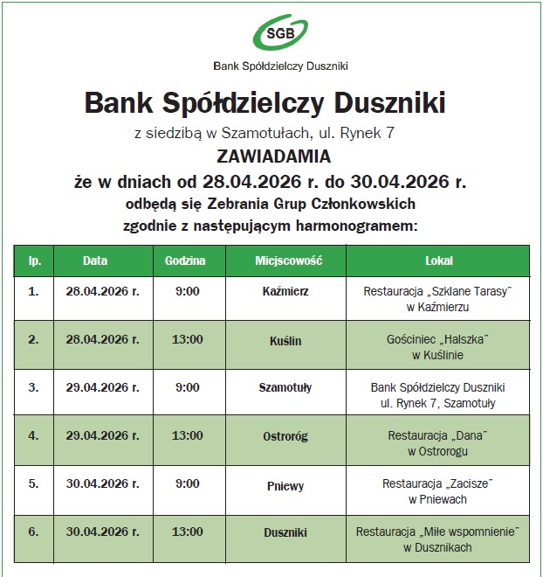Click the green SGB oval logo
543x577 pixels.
[280, 33]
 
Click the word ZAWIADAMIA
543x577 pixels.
[274, 157]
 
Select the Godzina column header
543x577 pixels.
[185, 261]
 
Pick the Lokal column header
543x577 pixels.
[438, 261]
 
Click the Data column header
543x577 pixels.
[95, 261]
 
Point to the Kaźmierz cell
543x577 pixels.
[285, 291]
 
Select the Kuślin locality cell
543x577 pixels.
[285, 340]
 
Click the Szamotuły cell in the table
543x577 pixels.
[285, 387]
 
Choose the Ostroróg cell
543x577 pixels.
[285, 436]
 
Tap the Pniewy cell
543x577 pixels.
[285, 485]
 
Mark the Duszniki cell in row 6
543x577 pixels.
[285, 532]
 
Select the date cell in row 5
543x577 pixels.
[102, 484]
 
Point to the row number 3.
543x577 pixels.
[33, 387]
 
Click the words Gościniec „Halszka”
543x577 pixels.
[437, 339]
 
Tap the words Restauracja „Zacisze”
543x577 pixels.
[437, 483]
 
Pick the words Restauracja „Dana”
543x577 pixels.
[437, 434]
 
